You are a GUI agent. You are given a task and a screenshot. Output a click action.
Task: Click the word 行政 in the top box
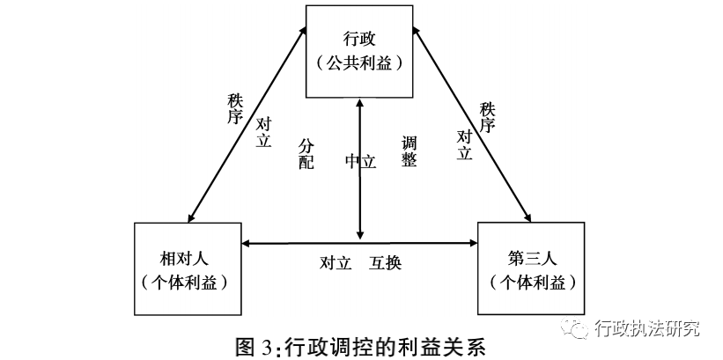coord(359,40)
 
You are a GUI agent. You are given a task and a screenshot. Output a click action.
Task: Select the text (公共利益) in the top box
coord(359,64)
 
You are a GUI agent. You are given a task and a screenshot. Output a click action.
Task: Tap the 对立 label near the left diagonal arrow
coord(262,131)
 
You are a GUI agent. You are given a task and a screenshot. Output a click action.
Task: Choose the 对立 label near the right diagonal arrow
coord(465,144)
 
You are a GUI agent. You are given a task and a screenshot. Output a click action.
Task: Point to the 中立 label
coord(360,161)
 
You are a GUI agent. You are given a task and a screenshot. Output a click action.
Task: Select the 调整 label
coord(409,151)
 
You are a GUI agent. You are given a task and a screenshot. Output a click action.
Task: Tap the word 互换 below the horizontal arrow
coord(387,262)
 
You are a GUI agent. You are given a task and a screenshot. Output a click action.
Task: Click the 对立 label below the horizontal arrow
coord(336,262)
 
